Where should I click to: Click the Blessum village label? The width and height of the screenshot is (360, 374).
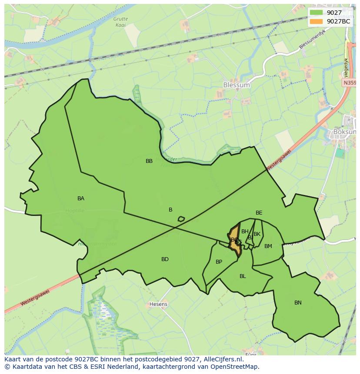coord(236,85)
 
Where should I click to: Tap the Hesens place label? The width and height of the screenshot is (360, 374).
coord(158,304)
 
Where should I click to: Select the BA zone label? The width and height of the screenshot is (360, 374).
coord(81,199)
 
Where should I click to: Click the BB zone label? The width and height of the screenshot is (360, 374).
coord(149,161)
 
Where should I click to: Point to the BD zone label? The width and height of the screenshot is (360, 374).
coord(165,259)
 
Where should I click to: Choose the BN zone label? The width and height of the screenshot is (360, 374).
coord(298,303)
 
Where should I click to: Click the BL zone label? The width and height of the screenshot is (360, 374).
coord(243,276)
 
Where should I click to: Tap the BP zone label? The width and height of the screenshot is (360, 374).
coord(219,262)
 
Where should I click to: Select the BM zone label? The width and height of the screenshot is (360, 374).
coord(268,246)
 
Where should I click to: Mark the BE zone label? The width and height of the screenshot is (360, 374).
coord(259,213)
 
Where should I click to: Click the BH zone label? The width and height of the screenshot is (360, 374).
coord(245,232)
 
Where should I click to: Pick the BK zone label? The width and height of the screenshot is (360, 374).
coord(257,234)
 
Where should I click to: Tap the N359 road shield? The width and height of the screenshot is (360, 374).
coord(349,83)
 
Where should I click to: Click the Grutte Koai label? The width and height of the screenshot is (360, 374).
coord(121,22)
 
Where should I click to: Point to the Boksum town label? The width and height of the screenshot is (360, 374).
coord(344,132)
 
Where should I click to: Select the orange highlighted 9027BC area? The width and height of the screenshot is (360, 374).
coord(235,245)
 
